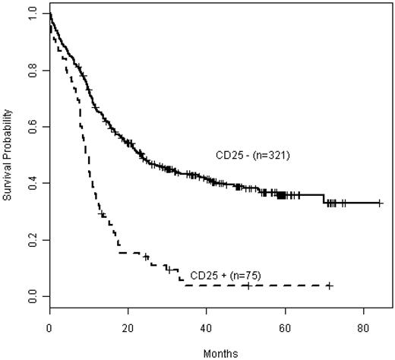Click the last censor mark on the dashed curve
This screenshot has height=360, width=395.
point(329,285)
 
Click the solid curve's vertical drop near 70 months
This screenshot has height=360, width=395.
point(324,199)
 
